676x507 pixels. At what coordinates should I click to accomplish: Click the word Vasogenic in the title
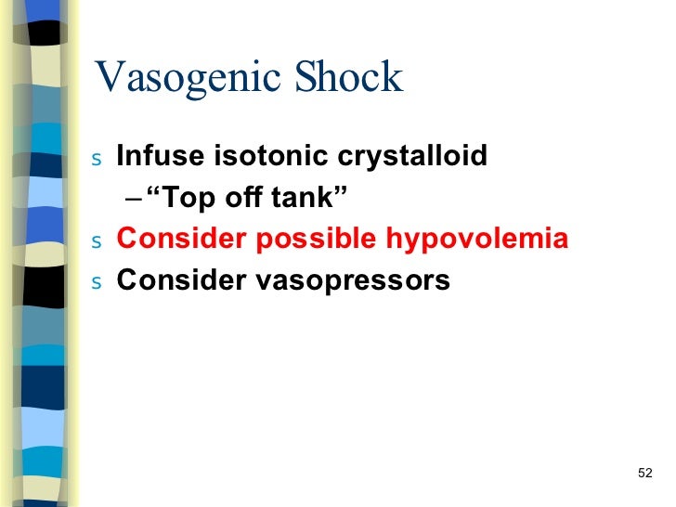tap(189, 79)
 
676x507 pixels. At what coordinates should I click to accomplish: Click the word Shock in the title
tap(349, 77)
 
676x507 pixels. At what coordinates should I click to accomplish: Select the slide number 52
tap(646, 474)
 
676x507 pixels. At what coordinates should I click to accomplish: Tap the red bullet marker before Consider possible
tap(98, 241)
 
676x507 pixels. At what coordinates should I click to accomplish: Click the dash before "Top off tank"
tap(128, 198)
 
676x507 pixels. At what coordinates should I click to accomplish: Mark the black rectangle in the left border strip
tap(44, 286)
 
